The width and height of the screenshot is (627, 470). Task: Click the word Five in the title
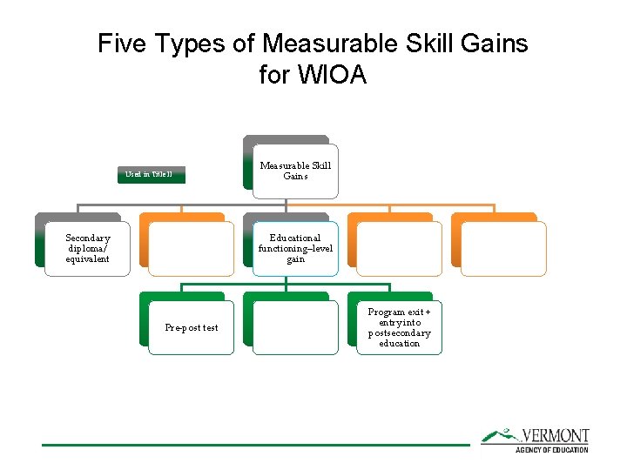[118, 44]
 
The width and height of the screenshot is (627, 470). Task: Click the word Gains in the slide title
[494, 44]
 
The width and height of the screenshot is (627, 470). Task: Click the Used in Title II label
[149, 175]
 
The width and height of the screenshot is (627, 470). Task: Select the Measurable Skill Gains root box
[295, 170]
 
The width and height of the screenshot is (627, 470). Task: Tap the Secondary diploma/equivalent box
[88, 249]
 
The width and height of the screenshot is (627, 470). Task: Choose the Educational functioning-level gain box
[295, 249]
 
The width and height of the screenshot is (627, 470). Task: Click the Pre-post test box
[192, 328]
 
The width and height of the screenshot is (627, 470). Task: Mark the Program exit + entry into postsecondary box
[399, 328]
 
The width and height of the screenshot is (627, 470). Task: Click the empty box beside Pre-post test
[295, 328]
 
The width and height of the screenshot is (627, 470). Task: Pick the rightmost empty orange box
[502, 249]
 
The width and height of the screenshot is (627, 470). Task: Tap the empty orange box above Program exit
[399, 249]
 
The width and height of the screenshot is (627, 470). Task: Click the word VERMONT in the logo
[555, 435]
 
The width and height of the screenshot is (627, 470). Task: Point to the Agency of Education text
[552, 449]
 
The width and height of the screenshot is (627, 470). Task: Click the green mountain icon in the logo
[499, 434]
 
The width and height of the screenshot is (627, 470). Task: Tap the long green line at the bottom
[256, 445]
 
